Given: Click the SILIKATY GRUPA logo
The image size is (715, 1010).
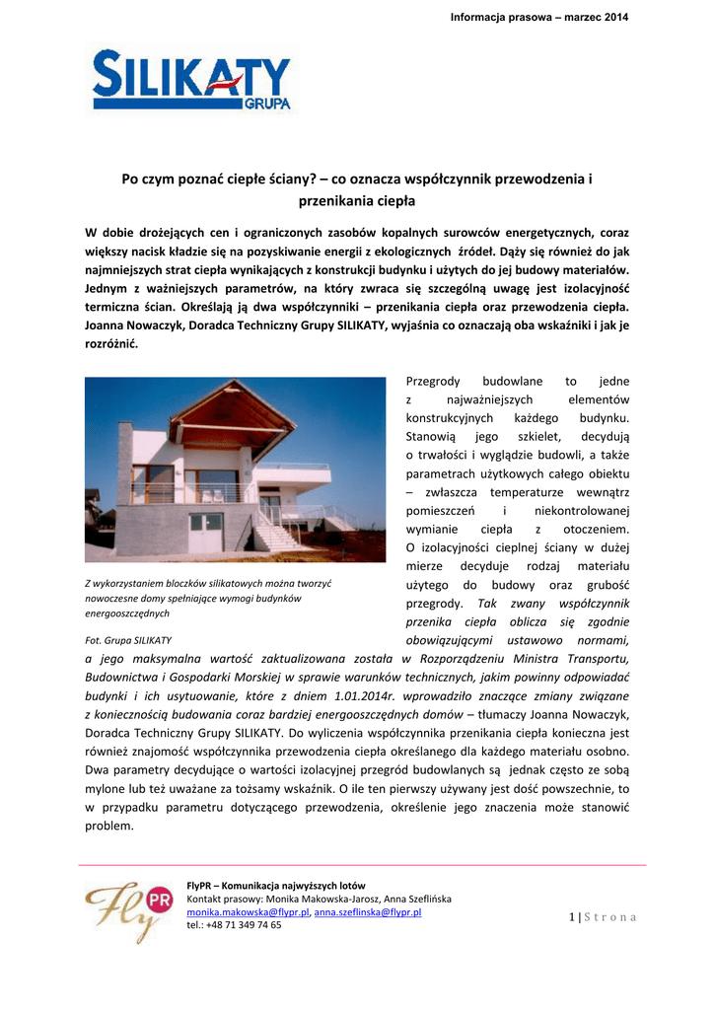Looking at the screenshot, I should (192, 81).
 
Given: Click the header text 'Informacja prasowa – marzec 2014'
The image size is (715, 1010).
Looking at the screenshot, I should (538, 18).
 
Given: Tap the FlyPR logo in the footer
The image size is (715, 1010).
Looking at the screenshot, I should (129, 907).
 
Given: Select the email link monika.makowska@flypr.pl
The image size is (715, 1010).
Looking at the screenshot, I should (248, 912).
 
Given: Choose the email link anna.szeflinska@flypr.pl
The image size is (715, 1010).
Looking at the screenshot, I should (367, 912).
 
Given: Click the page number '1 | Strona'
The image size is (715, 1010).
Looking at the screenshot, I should (603, 917).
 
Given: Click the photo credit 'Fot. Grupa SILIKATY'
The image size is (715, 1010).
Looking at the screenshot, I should (128, 639).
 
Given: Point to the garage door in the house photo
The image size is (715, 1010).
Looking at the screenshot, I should (206, 534).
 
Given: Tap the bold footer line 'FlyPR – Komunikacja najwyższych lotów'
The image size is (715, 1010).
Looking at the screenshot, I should (275, 886).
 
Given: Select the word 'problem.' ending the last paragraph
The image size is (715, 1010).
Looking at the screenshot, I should (109, 826).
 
